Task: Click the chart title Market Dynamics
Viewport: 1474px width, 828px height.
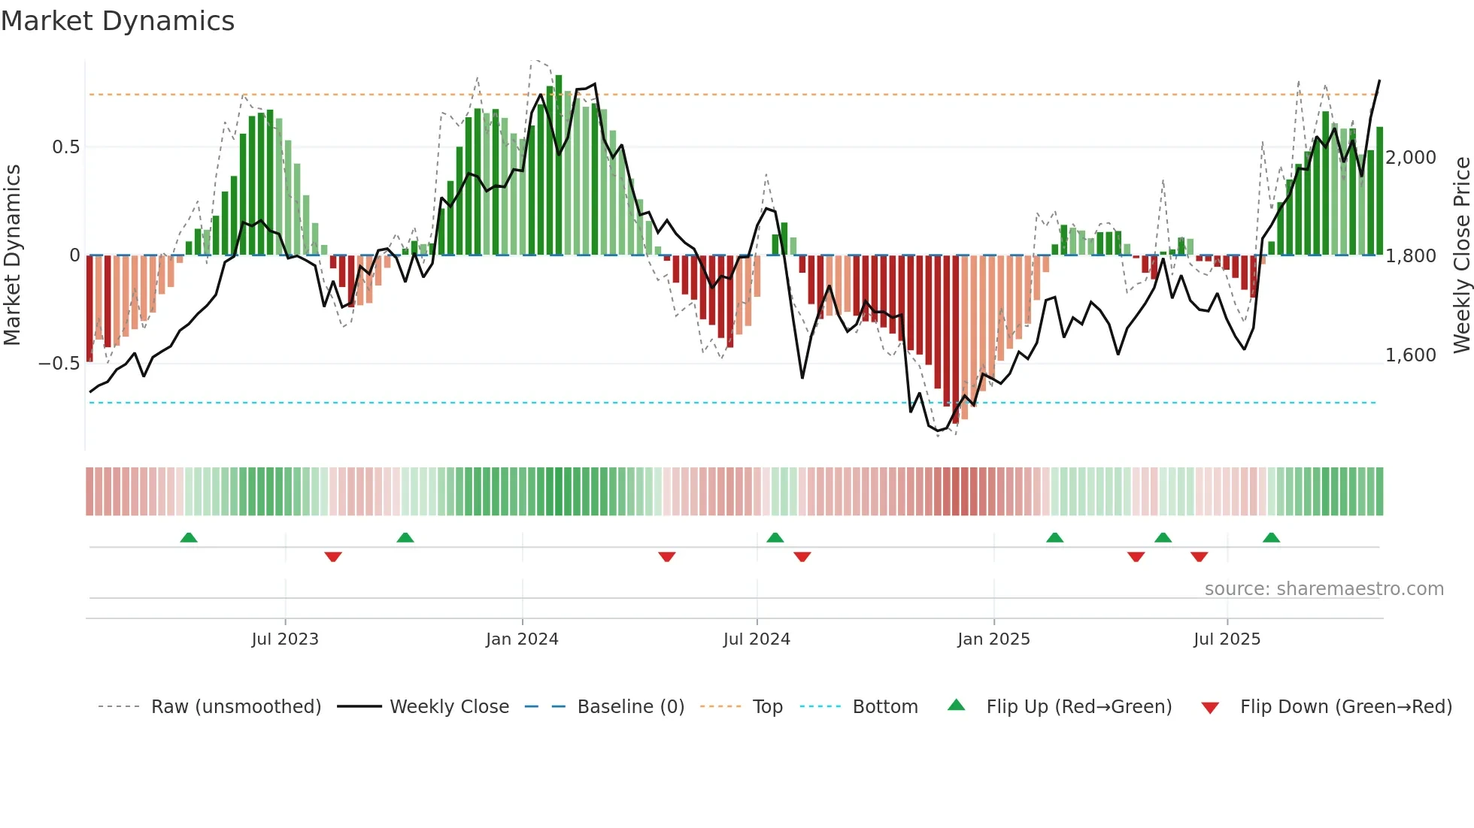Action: click(x=117, y=21)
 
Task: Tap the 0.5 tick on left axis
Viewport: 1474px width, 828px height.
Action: click(x=66, y=147)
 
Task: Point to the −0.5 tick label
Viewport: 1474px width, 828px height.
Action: click(x=59, y=364)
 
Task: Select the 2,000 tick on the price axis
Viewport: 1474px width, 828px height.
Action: click(x=1411, y=158)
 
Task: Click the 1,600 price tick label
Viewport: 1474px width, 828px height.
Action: click(x=1411, y=355)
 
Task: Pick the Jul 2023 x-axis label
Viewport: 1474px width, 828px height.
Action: click(x=285, y=639)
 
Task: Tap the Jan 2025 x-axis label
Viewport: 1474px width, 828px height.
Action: click(x=993, y=639)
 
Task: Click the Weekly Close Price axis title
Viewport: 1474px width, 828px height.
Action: click(x=1461, y=255)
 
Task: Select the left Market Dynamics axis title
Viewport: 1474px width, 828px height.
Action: click(x=13, y=255)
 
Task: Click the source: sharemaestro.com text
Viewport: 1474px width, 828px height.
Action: click(x=1324, y=589)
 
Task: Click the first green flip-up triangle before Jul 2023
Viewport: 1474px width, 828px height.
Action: click(x=189, y=538)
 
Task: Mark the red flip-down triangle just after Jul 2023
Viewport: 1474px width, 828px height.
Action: click(x=333, y=557)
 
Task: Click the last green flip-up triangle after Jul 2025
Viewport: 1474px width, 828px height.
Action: click(x=1271, y=538)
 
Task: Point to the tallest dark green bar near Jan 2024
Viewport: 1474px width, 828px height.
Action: click(x=559, y=165)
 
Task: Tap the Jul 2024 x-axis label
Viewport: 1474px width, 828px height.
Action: click(x=757, y=639)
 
